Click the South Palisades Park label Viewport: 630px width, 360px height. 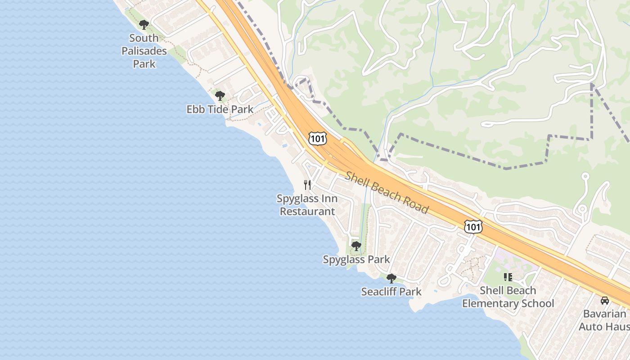144,51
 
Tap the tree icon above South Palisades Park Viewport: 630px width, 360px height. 144,25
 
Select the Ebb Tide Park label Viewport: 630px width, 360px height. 220,109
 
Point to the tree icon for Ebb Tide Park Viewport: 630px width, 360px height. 220,95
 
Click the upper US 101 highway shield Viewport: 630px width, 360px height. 317,139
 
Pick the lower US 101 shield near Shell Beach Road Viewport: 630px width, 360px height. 473,227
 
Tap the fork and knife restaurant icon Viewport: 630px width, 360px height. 307,184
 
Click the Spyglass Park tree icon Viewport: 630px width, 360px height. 356,246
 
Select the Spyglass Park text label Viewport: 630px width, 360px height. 356,260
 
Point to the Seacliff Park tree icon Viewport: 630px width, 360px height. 391,278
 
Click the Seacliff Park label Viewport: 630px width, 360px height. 391,292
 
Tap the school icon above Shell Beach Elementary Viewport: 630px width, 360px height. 508,277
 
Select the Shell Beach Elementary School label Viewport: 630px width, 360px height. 508,297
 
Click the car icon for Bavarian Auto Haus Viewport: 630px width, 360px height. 605,300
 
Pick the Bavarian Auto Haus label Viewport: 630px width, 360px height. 604,320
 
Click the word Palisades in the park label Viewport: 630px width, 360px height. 144,51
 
